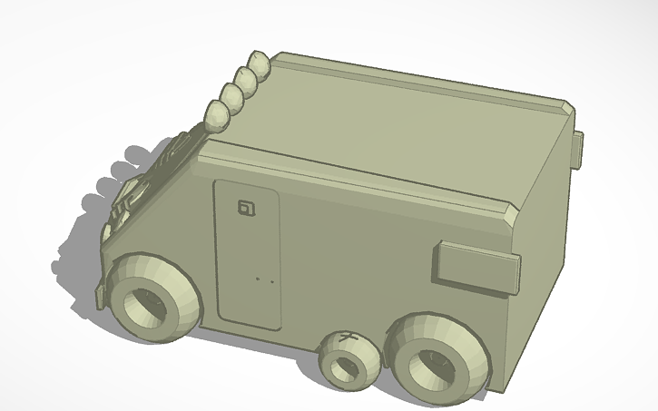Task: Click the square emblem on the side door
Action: pyautogui.click(x=246, y=208)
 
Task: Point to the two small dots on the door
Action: pyautogui.click(x=265, y=279)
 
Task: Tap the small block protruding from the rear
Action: pyautogui.click(x=577, y=150)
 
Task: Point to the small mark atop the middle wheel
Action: pyautogui.click(x=346, y=338)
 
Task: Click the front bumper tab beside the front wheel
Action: pyautogui.click(x=101, y=296)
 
